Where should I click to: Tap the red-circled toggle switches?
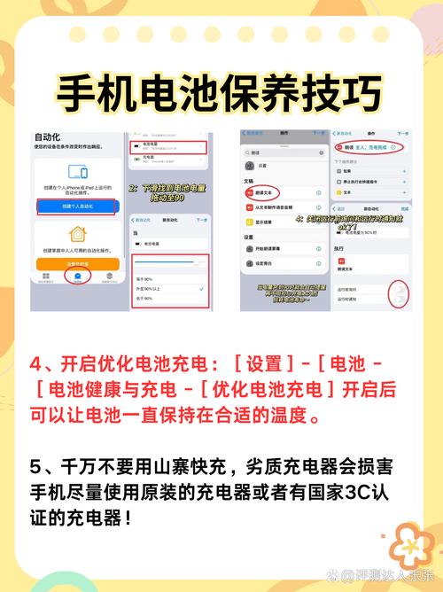pos(400,294)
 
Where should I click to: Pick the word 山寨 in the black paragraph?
pos(188,466)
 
